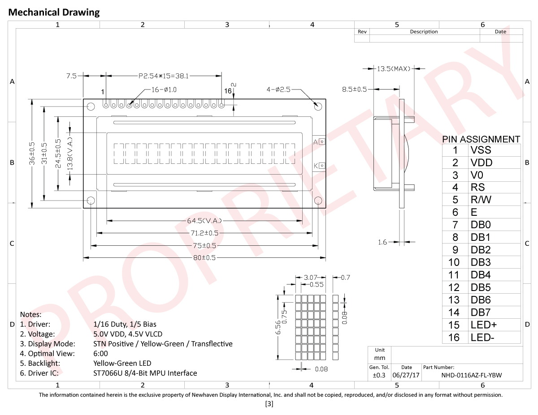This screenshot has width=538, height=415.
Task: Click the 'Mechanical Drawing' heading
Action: (54, 13)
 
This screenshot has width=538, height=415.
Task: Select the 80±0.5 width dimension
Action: (204, 258)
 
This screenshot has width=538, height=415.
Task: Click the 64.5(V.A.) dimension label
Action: (204, 221)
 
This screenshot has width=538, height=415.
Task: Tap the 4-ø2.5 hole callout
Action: (278, 90)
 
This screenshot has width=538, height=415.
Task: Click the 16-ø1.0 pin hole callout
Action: (164, 90)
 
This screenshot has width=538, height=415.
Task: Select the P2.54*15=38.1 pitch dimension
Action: (163, 77)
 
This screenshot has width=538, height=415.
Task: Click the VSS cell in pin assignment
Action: (481, 150)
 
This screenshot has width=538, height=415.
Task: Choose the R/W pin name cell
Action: (481, 200)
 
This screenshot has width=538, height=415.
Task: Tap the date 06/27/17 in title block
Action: (406, 375)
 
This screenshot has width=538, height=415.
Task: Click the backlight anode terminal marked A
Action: (321, 141)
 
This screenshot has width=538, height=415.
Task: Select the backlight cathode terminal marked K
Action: (321, 166)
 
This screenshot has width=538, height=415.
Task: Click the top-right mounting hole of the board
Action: (318, 107)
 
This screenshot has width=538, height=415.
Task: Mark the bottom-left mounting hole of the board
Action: (91, 200)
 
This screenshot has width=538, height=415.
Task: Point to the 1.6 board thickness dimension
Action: (382, 242)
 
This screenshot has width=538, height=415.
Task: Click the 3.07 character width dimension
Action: (310, 278)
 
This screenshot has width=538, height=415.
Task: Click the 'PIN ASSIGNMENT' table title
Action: (481, 139)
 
